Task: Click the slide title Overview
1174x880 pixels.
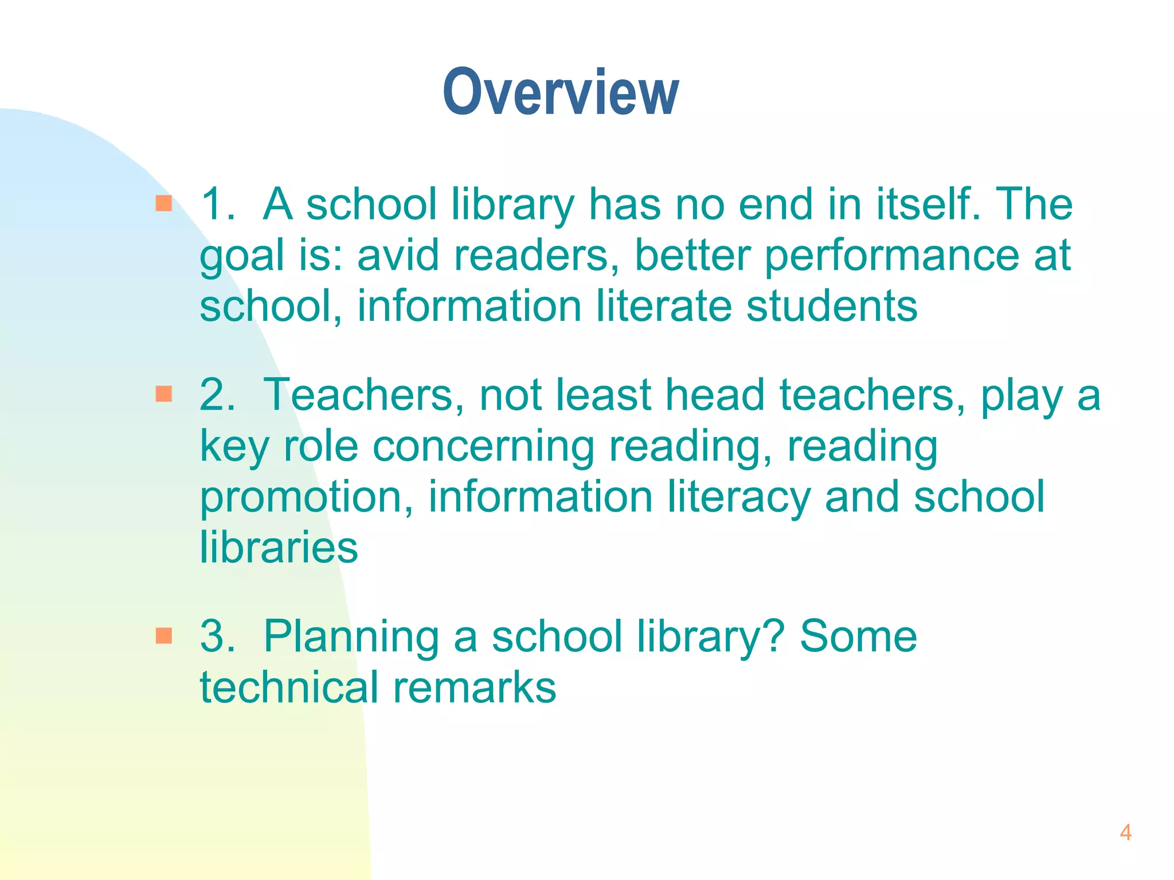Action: pos(561,93)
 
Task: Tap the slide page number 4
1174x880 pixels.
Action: pos(1125,832)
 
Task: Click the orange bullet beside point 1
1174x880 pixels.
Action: pos(164,203)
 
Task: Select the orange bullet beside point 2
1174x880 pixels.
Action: pos(164,394)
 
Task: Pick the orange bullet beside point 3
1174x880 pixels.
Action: pos(164,635)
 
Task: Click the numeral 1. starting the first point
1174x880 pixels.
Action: pos(217,205)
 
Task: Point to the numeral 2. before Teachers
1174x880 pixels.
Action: pos(217,395)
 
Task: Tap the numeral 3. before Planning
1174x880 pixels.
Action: pos(217,637)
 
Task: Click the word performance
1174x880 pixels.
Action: pos(892,256)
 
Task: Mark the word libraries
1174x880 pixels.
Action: pos(279,547)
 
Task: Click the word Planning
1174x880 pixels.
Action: pos(351,638)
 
